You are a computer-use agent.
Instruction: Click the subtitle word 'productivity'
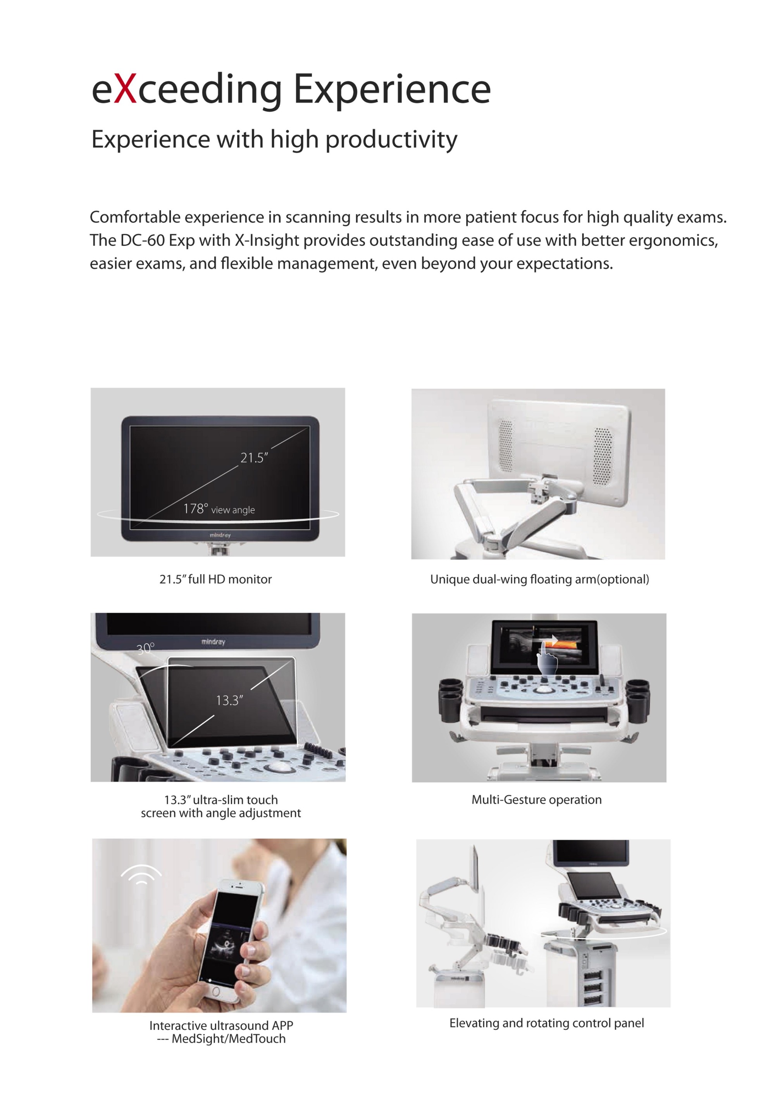pyautogui.click(x=391, y=140)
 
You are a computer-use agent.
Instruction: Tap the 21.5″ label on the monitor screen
pyautogui.click(x=254, y=458)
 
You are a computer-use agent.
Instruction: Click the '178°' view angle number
pyautogui.click(x=196, y=508)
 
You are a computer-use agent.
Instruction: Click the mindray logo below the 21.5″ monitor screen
pyautogui.click(x=220, y=535)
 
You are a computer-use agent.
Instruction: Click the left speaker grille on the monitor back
pyautogui.click(x=506, y=446)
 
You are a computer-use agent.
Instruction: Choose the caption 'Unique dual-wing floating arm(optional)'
pyautogui.click(x=539, y=580)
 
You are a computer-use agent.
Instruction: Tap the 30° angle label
pyautogui.click(x=146, y=648)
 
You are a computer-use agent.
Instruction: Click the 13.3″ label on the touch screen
pyautogui.click(x=230, y=700)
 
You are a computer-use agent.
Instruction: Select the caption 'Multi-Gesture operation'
pyautogui.click(x=537, y=800)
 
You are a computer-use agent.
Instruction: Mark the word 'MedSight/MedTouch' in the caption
pyautogui.click(x=229, y=1039)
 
